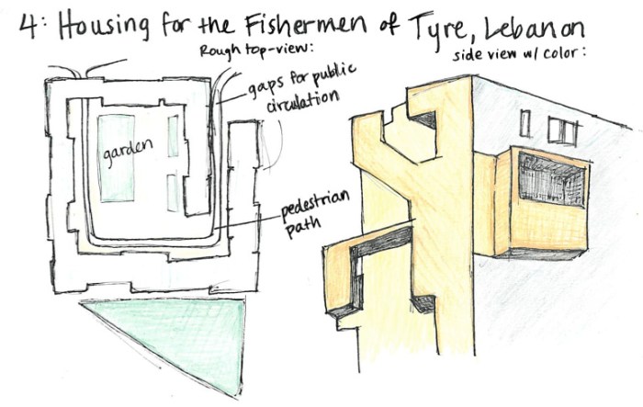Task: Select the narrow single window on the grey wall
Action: (525, 123)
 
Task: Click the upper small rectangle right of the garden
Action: (173, 132)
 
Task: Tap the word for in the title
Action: (191, 27)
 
